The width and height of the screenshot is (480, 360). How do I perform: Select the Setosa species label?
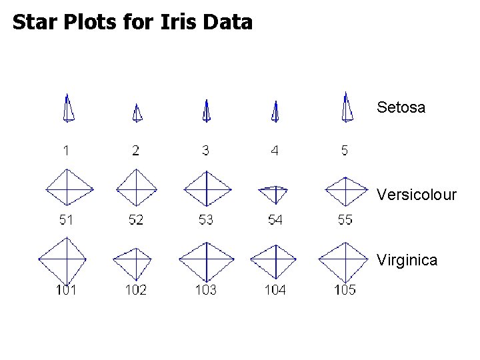tap(401, 107)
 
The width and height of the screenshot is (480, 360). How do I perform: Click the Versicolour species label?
tap(417, 195)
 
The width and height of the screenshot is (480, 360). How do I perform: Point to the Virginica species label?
tap(407, 260)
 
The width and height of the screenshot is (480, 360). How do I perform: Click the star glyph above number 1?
tap(68, 109)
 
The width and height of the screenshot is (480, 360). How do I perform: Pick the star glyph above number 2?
tap(137, 113)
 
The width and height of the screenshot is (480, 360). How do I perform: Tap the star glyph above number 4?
tap(275, 112)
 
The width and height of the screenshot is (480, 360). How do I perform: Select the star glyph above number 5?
tap(346, 108)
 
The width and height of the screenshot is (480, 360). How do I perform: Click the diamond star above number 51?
tap(67, 189)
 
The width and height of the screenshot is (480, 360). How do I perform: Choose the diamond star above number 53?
tap(207, 189)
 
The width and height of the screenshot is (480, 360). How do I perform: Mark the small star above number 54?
tap(273, 193)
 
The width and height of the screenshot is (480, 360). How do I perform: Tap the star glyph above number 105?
tap(344, 261)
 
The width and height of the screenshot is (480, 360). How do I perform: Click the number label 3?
tap(205, 151)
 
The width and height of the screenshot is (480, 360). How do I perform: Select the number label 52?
tap(135, 220)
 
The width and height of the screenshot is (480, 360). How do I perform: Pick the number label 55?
tap(345, 220)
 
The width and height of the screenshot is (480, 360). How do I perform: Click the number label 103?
tap(206, 289)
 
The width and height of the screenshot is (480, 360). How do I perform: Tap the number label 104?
tap(275, 289)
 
